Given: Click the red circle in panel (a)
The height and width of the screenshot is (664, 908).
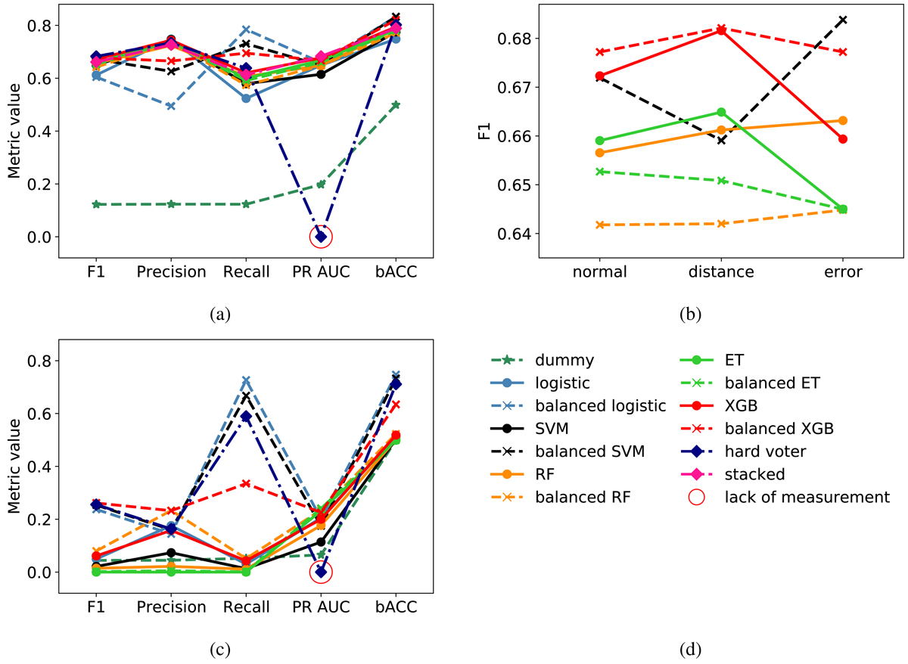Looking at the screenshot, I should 321,237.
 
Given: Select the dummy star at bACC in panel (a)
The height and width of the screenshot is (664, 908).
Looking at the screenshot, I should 396,104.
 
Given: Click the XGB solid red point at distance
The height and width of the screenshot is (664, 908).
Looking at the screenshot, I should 721,30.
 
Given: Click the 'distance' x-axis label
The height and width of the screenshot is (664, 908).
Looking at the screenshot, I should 721,272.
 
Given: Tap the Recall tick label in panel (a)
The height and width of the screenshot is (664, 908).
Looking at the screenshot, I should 246,272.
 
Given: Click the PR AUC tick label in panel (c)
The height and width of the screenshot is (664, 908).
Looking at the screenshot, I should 321,608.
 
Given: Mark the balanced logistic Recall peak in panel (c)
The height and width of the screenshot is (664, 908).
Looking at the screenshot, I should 246,380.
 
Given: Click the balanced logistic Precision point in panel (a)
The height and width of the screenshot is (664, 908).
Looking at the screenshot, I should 171,106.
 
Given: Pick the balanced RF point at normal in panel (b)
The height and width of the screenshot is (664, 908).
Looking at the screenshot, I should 600,225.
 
